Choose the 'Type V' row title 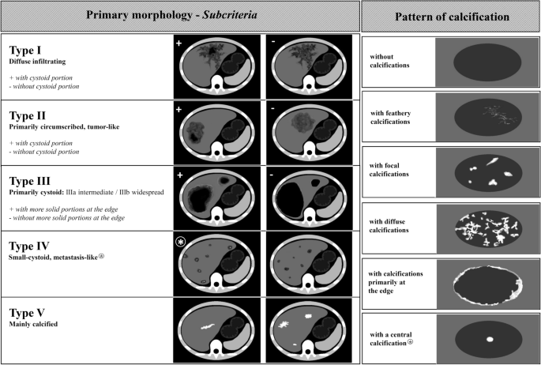29,309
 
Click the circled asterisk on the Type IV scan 180,238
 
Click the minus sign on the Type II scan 271,108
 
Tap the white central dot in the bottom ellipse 489,339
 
